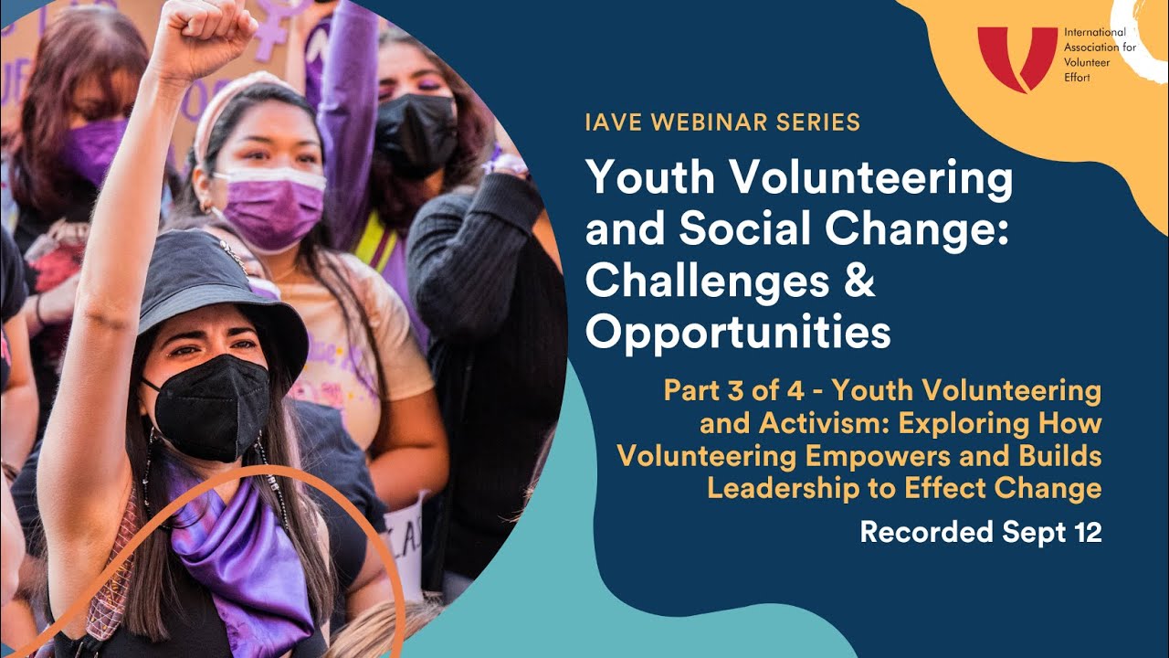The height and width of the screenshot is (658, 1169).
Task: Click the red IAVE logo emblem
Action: [1017, 58]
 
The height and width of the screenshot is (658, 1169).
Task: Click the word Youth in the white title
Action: [650, 177]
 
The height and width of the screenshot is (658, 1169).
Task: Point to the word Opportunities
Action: [738, 333]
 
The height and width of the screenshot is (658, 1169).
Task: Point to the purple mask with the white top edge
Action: [272, 207]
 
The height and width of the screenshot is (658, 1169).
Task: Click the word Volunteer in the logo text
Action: [1087, 63]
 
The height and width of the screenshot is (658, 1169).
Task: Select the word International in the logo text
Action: [1088, 32]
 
